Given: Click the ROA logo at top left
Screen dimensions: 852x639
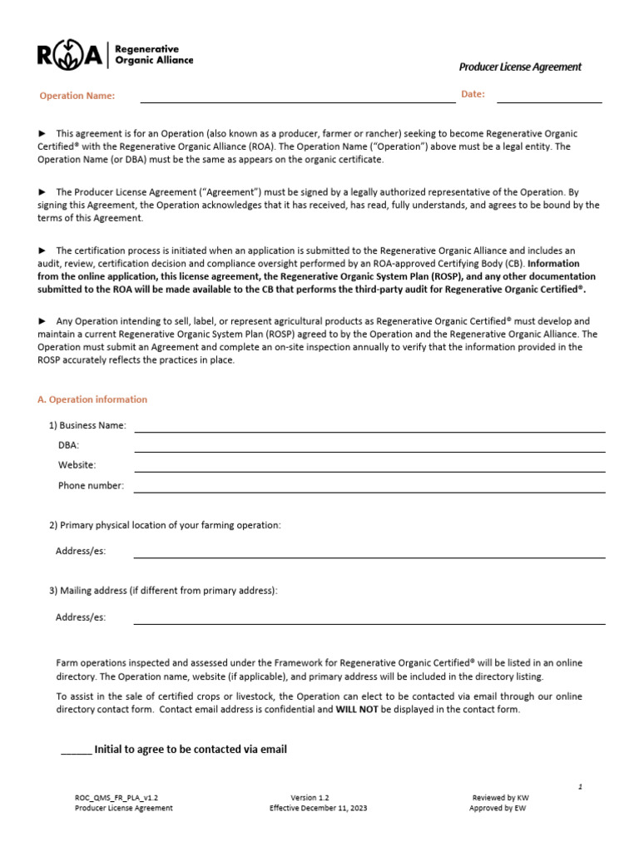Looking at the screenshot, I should coord(115,55).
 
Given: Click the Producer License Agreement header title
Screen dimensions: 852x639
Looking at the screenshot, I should coord(520,67).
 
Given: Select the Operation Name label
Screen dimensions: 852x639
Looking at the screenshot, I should coord(77,96).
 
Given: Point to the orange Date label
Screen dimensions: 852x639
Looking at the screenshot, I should coord(473,94).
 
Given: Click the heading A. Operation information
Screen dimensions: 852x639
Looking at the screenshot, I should coord(92,399).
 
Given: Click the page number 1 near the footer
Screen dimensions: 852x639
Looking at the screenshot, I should coord(580,785).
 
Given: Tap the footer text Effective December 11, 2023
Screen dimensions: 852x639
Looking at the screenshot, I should coord(318,808).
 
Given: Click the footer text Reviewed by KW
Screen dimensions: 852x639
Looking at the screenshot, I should coord(500,797).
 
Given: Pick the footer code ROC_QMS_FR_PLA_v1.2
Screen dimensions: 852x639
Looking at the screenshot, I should coord(116,797).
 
